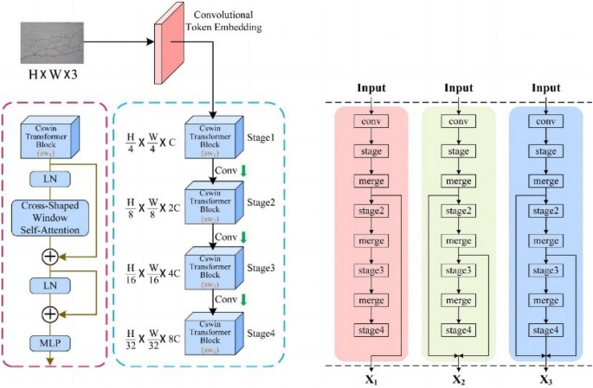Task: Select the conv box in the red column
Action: pyautogui.click(x=371, y=122)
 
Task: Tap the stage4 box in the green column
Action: pyautogui.click(x=458, y=330)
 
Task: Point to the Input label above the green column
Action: pyautogui.click(x=458, y=88)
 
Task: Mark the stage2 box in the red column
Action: pyautogui.click(x=371, y=212)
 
